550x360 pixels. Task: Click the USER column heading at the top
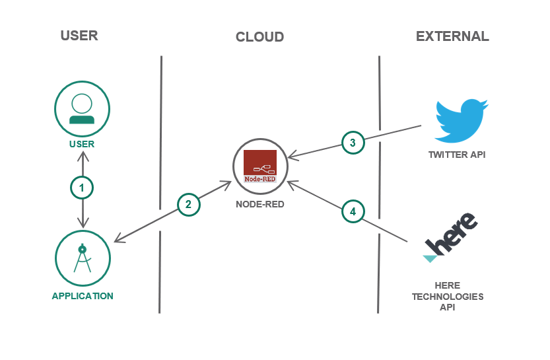[x=79, y=36]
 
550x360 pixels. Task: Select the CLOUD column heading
[x=259, y=37]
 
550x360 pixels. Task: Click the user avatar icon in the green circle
[x=82, y=108]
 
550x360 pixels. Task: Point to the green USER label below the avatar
[x=82, y=144]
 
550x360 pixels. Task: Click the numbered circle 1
[x=82, y=188]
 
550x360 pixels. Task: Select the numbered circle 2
[x=188, y=205]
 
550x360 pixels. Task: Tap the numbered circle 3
[x=353, y=142]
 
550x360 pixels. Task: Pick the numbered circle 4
[x=353, y=211]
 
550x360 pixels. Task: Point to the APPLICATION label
[x=83, y=296]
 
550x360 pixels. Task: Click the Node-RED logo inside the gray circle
[x=260, y=166]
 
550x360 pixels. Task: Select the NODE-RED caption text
[x=260, y=205]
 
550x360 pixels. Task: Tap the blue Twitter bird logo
[x=460, y=120]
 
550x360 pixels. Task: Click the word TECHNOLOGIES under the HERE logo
[x=448, y=297]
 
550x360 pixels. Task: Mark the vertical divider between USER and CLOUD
[x=160, y=185]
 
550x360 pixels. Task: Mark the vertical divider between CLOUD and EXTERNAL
[x=378, y=185]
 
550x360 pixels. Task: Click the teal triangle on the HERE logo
[x=429, y=258]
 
